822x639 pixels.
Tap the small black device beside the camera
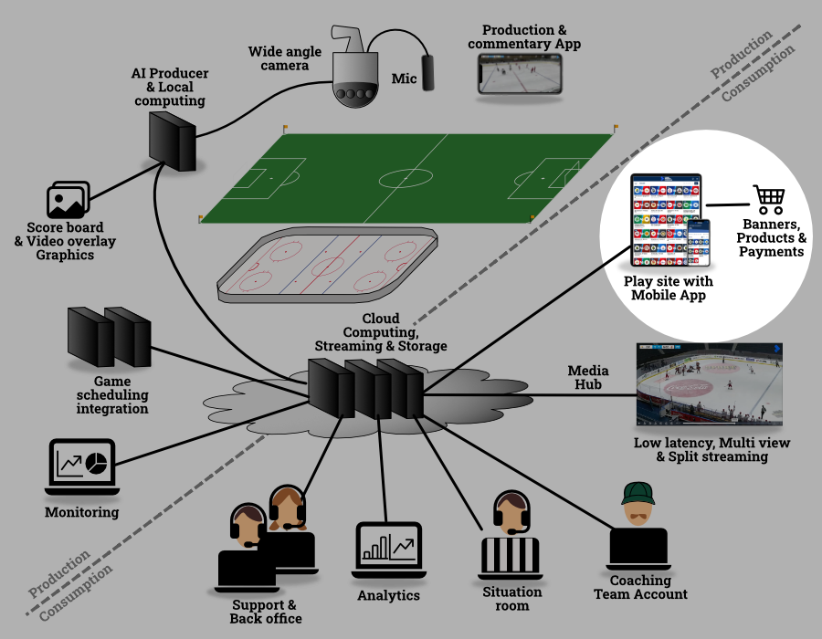point(427,73)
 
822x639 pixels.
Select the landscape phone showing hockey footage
point(520,73)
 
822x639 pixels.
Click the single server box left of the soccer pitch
point(172,141)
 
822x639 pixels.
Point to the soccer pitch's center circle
point(406,178)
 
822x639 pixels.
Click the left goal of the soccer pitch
point(240,174)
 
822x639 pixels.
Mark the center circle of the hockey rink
point(327,267)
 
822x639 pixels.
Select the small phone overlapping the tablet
point(698,242)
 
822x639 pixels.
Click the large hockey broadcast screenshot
point(709,383)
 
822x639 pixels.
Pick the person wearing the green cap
point(638,505)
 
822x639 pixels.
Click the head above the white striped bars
point(511,514)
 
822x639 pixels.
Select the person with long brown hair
point(287,509)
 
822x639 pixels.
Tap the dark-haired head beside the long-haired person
point(248,526)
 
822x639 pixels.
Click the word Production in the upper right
point(741,54)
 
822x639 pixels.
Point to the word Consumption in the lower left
point(76,592)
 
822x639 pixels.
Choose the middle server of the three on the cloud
point(367,390)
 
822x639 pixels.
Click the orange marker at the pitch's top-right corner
point(616,126)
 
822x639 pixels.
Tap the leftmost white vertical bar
point(490,554)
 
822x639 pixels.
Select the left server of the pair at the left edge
point(90,337)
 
